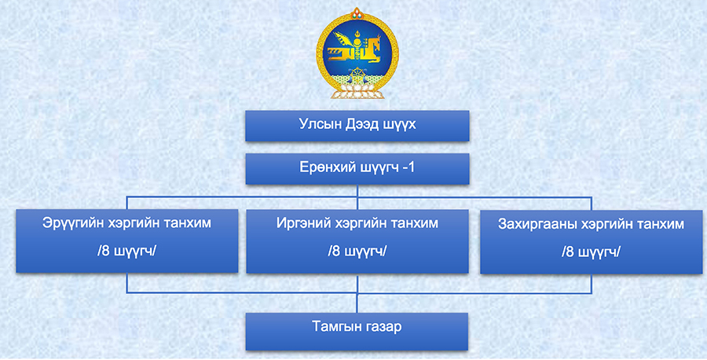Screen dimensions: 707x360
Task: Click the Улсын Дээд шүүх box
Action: tap(357, 126)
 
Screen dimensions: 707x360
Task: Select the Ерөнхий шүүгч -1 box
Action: tap(357, 169)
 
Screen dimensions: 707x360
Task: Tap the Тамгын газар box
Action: tap(357, 332)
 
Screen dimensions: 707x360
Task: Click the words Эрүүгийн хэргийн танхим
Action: tap(126, 223)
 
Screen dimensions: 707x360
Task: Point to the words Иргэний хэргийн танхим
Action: tap(357, 223)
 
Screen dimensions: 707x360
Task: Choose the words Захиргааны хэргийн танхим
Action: tap(591, 224)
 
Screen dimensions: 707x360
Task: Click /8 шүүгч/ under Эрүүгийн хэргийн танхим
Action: tap(126, 251)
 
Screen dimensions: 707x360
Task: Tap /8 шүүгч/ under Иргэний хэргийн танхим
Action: tap(357, 251)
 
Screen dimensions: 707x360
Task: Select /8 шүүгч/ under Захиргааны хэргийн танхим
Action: tap(591, 252)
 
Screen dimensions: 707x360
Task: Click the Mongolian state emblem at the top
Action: tap(357, 53)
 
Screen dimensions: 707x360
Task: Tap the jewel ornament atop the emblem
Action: tap(357, 13)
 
